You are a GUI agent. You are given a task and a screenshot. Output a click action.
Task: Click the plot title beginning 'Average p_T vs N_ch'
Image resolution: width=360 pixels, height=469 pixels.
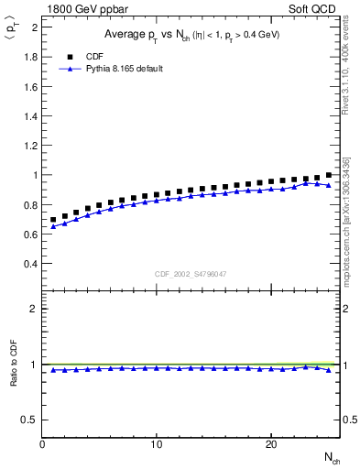click(x=191, y=35)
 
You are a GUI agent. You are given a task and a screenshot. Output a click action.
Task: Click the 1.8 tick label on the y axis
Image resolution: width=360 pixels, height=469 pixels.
click(x=30, y=56)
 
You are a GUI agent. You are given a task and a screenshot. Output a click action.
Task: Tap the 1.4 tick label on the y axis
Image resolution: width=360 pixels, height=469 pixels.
click(x=30, y=115)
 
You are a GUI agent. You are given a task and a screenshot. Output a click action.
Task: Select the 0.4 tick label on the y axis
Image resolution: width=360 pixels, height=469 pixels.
click(x=30, y=264)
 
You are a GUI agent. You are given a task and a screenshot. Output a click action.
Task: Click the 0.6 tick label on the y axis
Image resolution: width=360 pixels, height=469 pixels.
click(x=30, y=234)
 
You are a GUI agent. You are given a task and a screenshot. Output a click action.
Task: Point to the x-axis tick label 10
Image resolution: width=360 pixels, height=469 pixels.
click(x=157, y=444)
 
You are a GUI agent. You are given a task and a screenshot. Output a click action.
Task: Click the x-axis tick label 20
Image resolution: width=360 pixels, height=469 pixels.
click(x=271, y=444)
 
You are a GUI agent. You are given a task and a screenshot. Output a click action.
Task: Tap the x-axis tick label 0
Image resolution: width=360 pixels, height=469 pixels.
click(x=43, y=444)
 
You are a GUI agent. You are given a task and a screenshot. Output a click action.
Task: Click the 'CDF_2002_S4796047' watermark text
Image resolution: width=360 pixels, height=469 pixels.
click(x=191, y=274)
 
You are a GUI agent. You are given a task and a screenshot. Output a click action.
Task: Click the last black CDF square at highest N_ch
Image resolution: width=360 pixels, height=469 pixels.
click(x=329, y=175)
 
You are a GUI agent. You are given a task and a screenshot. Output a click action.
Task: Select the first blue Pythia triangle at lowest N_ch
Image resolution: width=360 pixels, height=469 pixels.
click(x=54, y=226)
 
